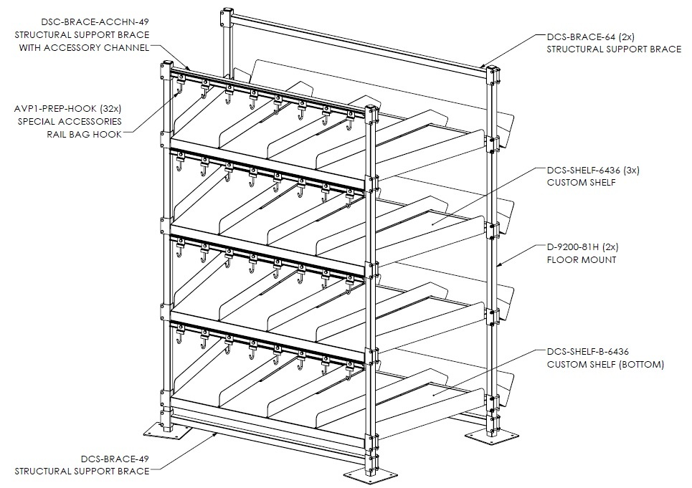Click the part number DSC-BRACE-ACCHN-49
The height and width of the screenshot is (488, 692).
tap(95, 21)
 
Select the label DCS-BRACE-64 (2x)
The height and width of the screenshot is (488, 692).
tap(590, 37)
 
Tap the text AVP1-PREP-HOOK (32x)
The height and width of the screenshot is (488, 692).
tap(67, 108)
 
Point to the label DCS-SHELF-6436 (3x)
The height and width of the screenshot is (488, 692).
tap(593, 170)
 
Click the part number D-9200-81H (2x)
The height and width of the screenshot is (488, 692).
tap(582, 247)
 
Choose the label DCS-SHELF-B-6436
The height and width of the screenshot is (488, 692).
tap(588, 352)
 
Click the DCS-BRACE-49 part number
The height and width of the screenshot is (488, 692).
tap(115, 459)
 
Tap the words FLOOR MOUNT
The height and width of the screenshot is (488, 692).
tap(582, 259)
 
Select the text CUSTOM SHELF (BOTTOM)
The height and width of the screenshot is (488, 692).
tap(605, 365)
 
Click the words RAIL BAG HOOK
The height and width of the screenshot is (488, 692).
tap(84, 134)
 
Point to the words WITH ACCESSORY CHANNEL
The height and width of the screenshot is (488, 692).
tap(84, 47)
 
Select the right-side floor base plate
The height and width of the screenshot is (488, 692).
tap(490, 435)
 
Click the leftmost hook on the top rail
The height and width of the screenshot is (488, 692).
tap(180, 85)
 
